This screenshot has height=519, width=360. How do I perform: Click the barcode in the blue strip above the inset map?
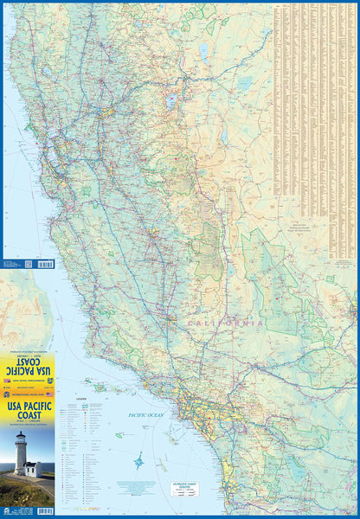click(x=46, y=263)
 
